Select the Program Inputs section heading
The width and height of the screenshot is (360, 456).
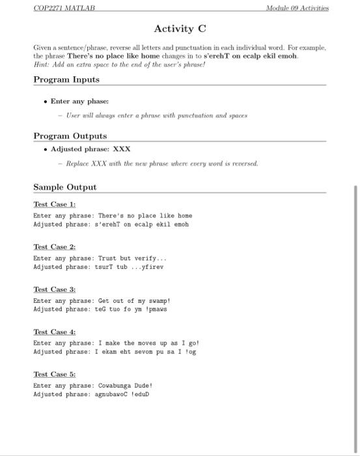66,79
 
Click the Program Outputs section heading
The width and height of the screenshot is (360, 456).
70,135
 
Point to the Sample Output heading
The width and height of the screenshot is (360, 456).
64,187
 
